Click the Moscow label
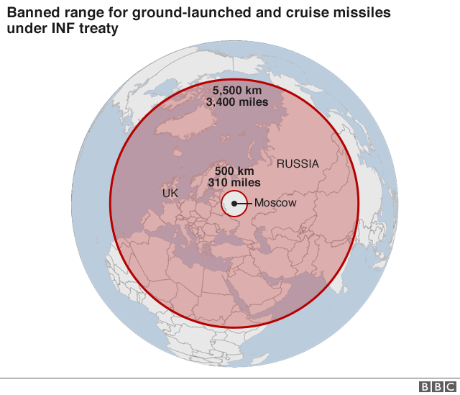(x=275, y=204)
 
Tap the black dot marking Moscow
(x=234, y=204)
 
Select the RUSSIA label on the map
(x=298, y=164)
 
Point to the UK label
(x=170, y=194)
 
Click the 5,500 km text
(x=236, y=91)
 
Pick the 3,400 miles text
(x=236, y=102)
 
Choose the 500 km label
(x=234, y=171)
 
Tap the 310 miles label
(x=234, y=183)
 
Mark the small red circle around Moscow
(x=221, y=204)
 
